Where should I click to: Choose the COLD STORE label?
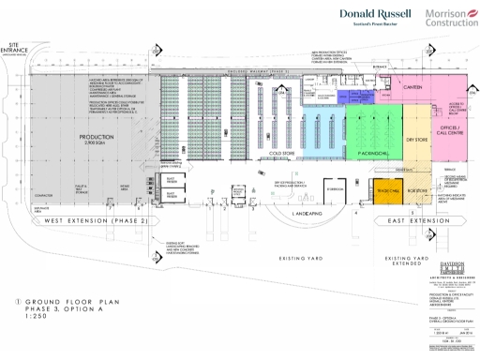click(x=283, y=150)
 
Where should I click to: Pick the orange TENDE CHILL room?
click(x=386, y=188)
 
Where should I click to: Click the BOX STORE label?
click(x=418, y=188)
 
